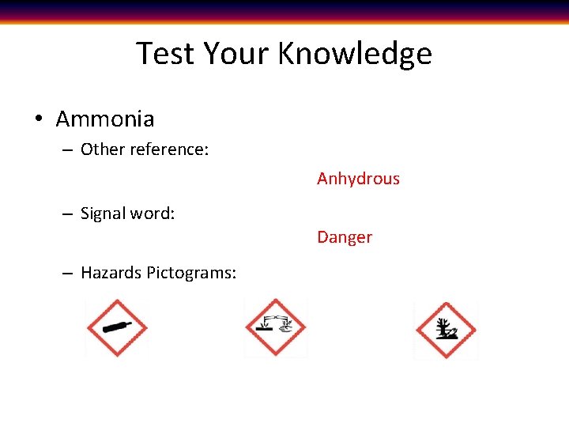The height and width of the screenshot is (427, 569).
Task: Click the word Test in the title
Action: click(166, 54)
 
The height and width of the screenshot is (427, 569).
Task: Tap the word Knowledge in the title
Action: click(355, 54)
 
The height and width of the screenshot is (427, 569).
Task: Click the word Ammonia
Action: click(105, 119)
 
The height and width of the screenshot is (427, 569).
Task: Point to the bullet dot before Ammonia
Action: click(37, 120)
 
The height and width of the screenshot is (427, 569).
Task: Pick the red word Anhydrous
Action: click(358, 179)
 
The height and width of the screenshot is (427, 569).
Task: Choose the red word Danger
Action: click(345, 237)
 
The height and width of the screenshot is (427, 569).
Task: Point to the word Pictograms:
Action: click(191, 273)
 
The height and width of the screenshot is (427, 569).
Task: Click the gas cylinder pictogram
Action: click(116, 328)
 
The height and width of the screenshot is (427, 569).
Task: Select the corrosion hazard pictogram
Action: click(275, 327)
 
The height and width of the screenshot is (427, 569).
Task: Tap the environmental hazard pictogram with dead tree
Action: click(446, 330)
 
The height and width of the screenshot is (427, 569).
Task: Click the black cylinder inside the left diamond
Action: click(117, 328)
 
